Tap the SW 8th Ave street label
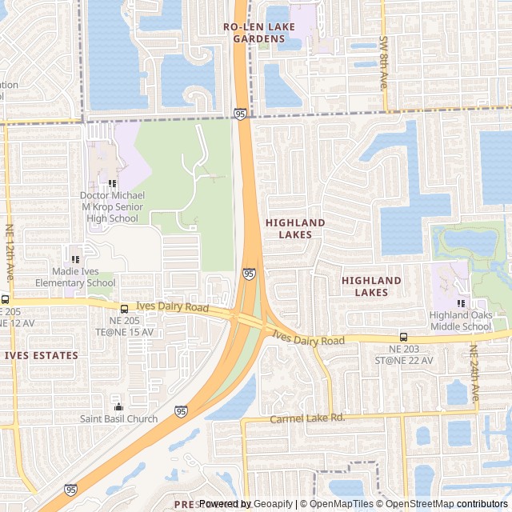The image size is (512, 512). tap(384, 61)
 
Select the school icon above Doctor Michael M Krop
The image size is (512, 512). tap(112, 183)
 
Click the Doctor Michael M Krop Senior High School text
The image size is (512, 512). tap(112, 206)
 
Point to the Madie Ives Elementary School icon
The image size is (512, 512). tap(74, 258)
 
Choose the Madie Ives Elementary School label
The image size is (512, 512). tap(74, 277)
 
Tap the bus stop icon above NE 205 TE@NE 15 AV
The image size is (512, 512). tap(123, 309)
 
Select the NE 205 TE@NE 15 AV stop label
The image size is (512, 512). tap(123, 326)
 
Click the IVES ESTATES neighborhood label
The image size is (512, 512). tap(42, 355)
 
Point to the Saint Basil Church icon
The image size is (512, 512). tap(118, 406)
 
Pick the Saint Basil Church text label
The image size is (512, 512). tap(118, 418)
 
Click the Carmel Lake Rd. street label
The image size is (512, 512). tap(306, 418)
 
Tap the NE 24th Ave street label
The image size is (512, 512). tap(474, 373)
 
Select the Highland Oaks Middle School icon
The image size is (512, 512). tap(460, 303)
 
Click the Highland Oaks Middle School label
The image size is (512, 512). tap(460, 320)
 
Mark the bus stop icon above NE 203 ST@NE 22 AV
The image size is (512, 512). tap(403, 337)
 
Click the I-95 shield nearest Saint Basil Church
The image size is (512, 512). tap(181, 410)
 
